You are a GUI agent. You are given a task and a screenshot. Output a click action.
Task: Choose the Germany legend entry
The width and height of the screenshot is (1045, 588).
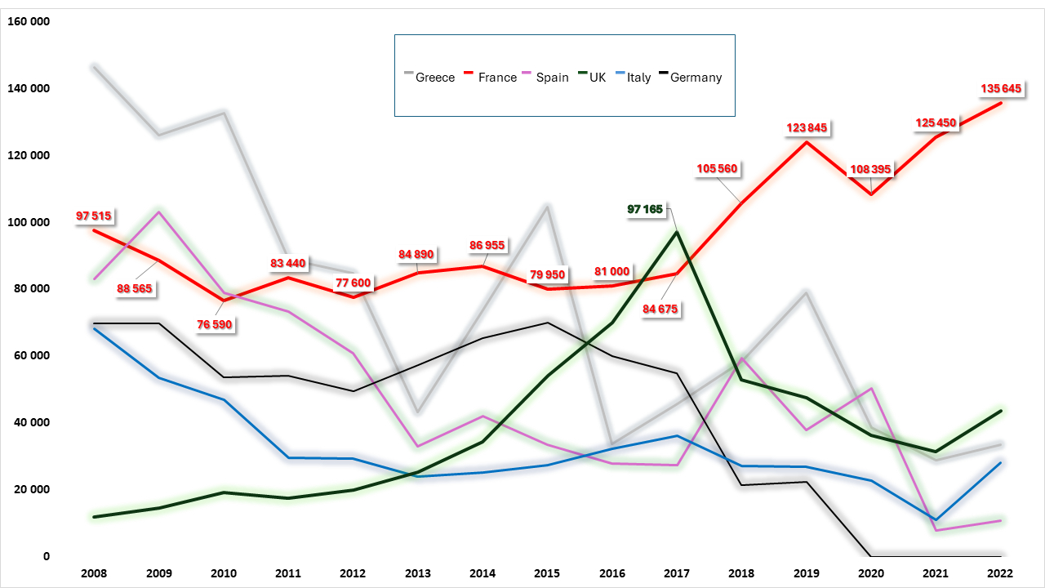click(691, 78)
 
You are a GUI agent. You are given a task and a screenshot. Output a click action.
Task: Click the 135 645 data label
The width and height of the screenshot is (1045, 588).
click(1001, 88)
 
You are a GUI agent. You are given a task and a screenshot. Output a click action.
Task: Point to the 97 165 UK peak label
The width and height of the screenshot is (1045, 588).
click(646, 209)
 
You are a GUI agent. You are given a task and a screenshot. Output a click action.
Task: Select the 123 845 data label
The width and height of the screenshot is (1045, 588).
click(807, 127)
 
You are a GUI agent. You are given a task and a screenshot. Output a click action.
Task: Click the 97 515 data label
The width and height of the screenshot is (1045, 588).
click(94, 216)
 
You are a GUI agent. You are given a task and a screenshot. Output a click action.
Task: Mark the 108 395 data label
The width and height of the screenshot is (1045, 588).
click(871, 169)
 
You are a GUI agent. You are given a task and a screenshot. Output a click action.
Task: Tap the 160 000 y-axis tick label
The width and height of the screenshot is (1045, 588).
click(29, 21)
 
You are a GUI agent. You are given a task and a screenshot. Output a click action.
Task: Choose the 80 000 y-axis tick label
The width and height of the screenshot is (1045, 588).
click(32, 288)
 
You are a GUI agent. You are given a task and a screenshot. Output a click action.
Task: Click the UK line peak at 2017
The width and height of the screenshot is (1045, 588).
click(677, 232)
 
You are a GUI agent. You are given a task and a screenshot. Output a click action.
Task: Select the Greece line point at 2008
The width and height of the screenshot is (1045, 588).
click(94, 67)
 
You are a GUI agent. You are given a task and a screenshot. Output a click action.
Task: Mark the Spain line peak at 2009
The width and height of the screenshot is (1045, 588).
click(158, 212)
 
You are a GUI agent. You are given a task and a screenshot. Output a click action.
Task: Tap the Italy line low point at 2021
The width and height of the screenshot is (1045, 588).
click(936, 519)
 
